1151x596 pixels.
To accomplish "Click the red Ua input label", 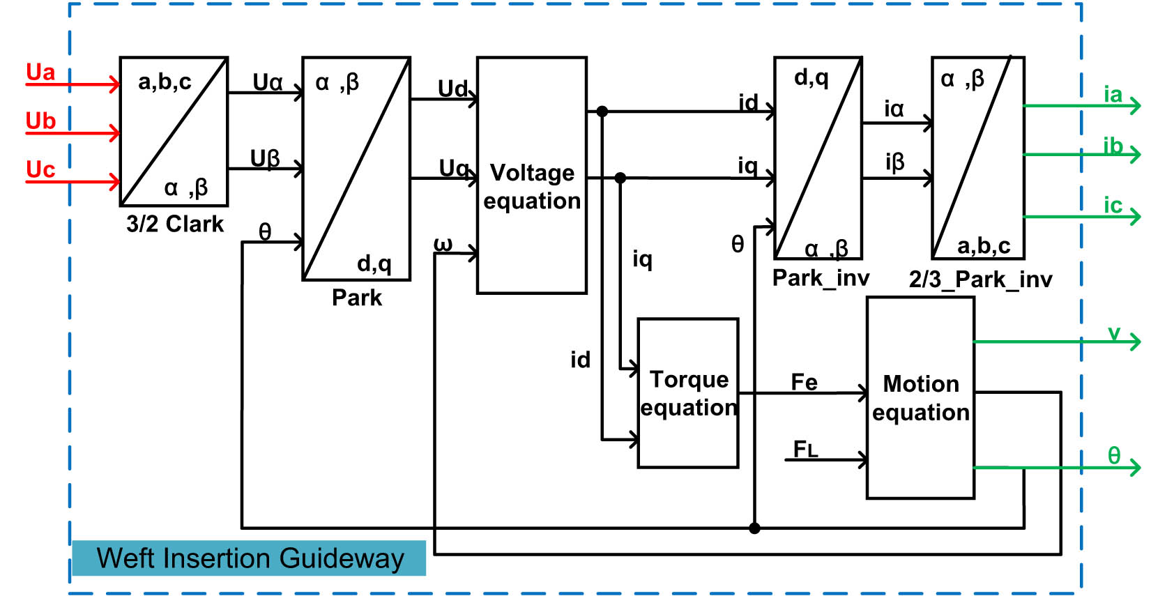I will pos(40,72).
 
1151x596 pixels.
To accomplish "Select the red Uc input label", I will pos(40,170).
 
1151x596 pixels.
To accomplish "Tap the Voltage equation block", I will pos(532,187).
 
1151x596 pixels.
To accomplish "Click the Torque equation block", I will pos(688,393).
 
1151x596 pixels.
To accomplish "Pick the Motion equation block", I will pos(920,398).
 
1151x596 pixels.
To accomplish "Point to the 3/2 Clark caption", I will pos(175,224).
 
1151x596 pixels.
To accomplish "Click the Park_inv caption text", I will pos(821,278).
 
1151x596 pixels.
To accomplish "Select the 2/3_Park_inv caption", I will pos(980,280).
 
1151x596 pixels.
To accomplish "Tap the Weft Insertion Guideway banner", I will pos(250,558).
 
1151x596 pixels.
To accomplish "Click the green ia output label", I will pos(1113,94).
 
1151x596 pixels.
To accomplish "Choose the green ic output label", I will pos(1113,206).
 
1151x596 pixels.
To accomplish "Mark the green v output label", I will pos(1114,333).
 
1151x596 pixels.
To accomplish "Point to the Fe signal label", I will pos(804,382).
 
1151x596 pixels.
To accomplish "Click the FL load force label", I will pos(805,449).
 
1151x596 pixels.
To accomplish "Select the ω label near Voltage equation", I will pos(443,244).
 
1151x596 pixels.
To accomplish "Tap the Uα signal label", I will pos(268,83).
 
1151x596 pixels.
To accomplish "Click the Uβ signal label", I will pos(265,159).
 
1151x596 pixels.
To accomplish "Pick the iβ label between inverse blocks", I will pos(894,162).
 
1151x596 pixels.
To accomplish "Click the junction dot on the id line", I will pos(602,112).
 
